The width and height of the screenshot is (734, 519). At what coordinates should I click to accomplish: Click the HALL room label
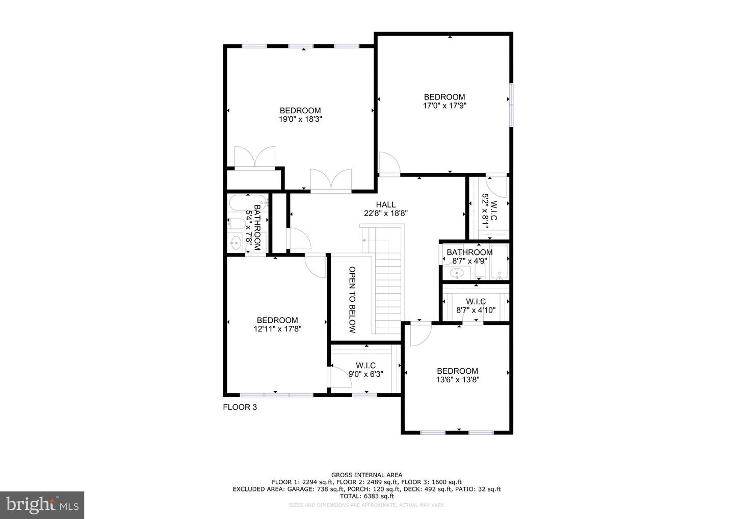pyautogui.click(x=385, y=205)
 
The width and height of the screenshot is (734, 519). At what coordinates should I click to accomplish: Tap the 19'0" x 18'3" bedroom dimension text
pyautogui.click(x=300, y=119)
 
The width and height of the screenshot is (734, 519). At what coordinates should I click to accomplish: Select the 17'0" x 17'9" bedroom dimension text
pyautogui.click(x=444, y=106)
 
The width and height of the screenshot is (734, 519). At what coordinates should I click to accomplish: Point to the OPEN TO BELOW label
pyautogui.click(x=352, y=299)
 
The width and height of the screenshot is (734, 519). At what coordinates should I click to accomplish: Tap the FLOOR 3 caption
pyautogui.click(x=240, y=407)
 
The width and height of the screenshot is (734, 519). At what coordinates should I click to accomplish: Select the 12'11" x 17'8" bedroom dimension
pyautogui.click(x=277, y=329)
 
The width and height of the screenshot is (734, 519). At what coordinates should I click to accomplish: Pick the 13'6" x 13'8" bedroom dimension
pyautogui.click(x=457, y=380)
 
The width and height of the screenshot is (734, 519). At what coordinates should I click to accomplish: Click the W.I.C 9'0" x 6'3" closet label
pyautogui.click(x=365, y=370)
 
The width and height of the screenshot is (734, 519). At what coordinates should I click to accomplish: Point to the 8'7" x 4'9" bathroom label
pyautogui.click(x=469, y=256)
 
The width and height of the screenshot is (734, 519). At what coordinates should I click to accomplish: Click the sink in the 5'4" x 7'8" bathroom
pyautogui.click(x=236, y=242)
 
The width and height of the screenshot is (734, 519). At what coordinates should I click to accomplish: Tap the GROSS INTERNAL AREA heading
pyautogui.click(x=366, y=475)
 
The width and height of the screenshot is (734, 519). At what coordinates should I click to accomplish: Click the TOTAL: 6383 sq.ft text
pyautogui.click(x=366, y=496)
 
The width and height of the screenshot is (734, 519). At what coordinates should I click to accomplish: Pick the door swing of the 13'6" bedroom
pyautogui.click(x=420, y=334)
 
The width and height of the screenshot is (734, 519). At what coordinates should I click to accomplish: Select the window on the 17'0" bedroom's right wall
pyautogui.click(x=511, y=104)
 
